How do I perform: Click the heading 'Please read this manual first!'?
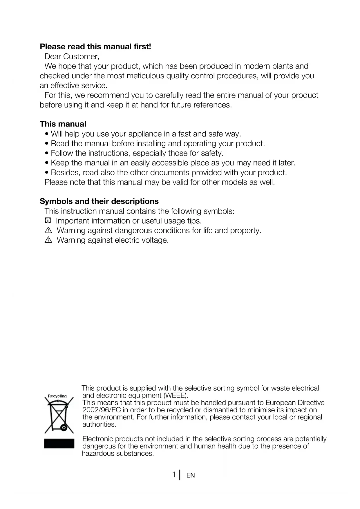click(x=95, y=47)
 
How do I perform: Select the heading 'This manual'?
click(x=63, y=124)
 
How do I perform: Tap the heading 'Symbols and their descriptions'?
click(x=99, y=201)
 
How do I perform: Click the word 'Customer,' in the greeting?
click(x=81, y=56)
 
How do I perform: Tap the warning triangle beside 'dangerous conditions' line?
click(x=48, y=231)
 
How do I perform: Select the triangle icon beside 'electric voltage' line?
click(x=48, y=240)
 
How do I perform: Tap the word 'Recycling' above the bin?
click(x=57, y=396)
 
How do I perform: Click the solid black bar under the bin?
click(x=59, y=443)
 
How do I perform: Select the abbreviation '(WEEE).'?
click(x=176, y=396)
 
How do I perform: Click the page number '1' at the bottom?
click(x=174, y=475)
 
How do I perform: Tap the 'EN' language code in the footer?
click(x=191, y=475)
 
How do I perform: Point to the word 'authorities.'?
click(x=99, y=425)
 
